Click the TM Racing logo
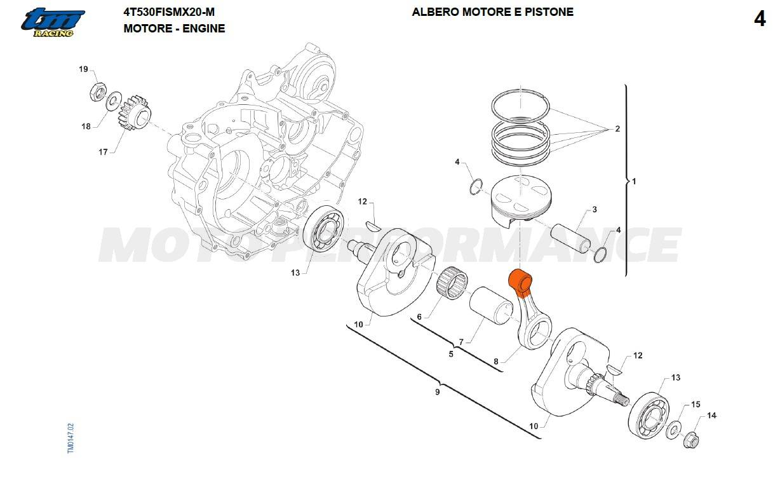[x=53, y=23]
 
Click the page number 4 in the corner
[x=760, y=18]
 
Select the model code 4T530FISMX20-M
[x=169, y=12]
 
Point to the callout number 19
[x=83, y=69]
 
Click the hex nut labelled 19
[x=98, y=92]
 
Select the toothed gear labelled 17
[x=135, y=112]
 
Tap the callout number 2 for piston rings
[x=617, y=128]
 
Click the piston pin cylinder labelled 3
[x=570, y=238]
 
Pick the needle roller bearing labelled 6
[x=452, y=282]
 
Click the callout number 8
[x=496, y=362]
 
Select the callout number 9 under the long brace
[x=438, y=392]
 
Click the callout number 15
[x=696, y=404]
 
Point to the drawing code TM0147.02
[x=71, y=439]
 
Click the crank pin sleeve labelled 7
[x=490, y=305]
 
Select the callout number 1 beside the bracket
[x=634, y=181]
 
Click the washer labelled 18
[x=113, y=101]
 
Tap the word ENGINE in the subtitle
[x=203, y=28]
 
